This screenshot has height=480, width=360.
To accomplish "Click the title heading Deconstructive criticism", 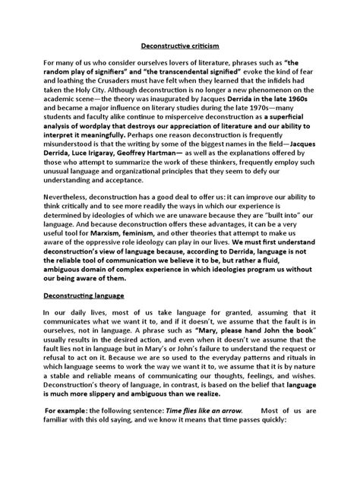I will [x=179, y=46].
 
